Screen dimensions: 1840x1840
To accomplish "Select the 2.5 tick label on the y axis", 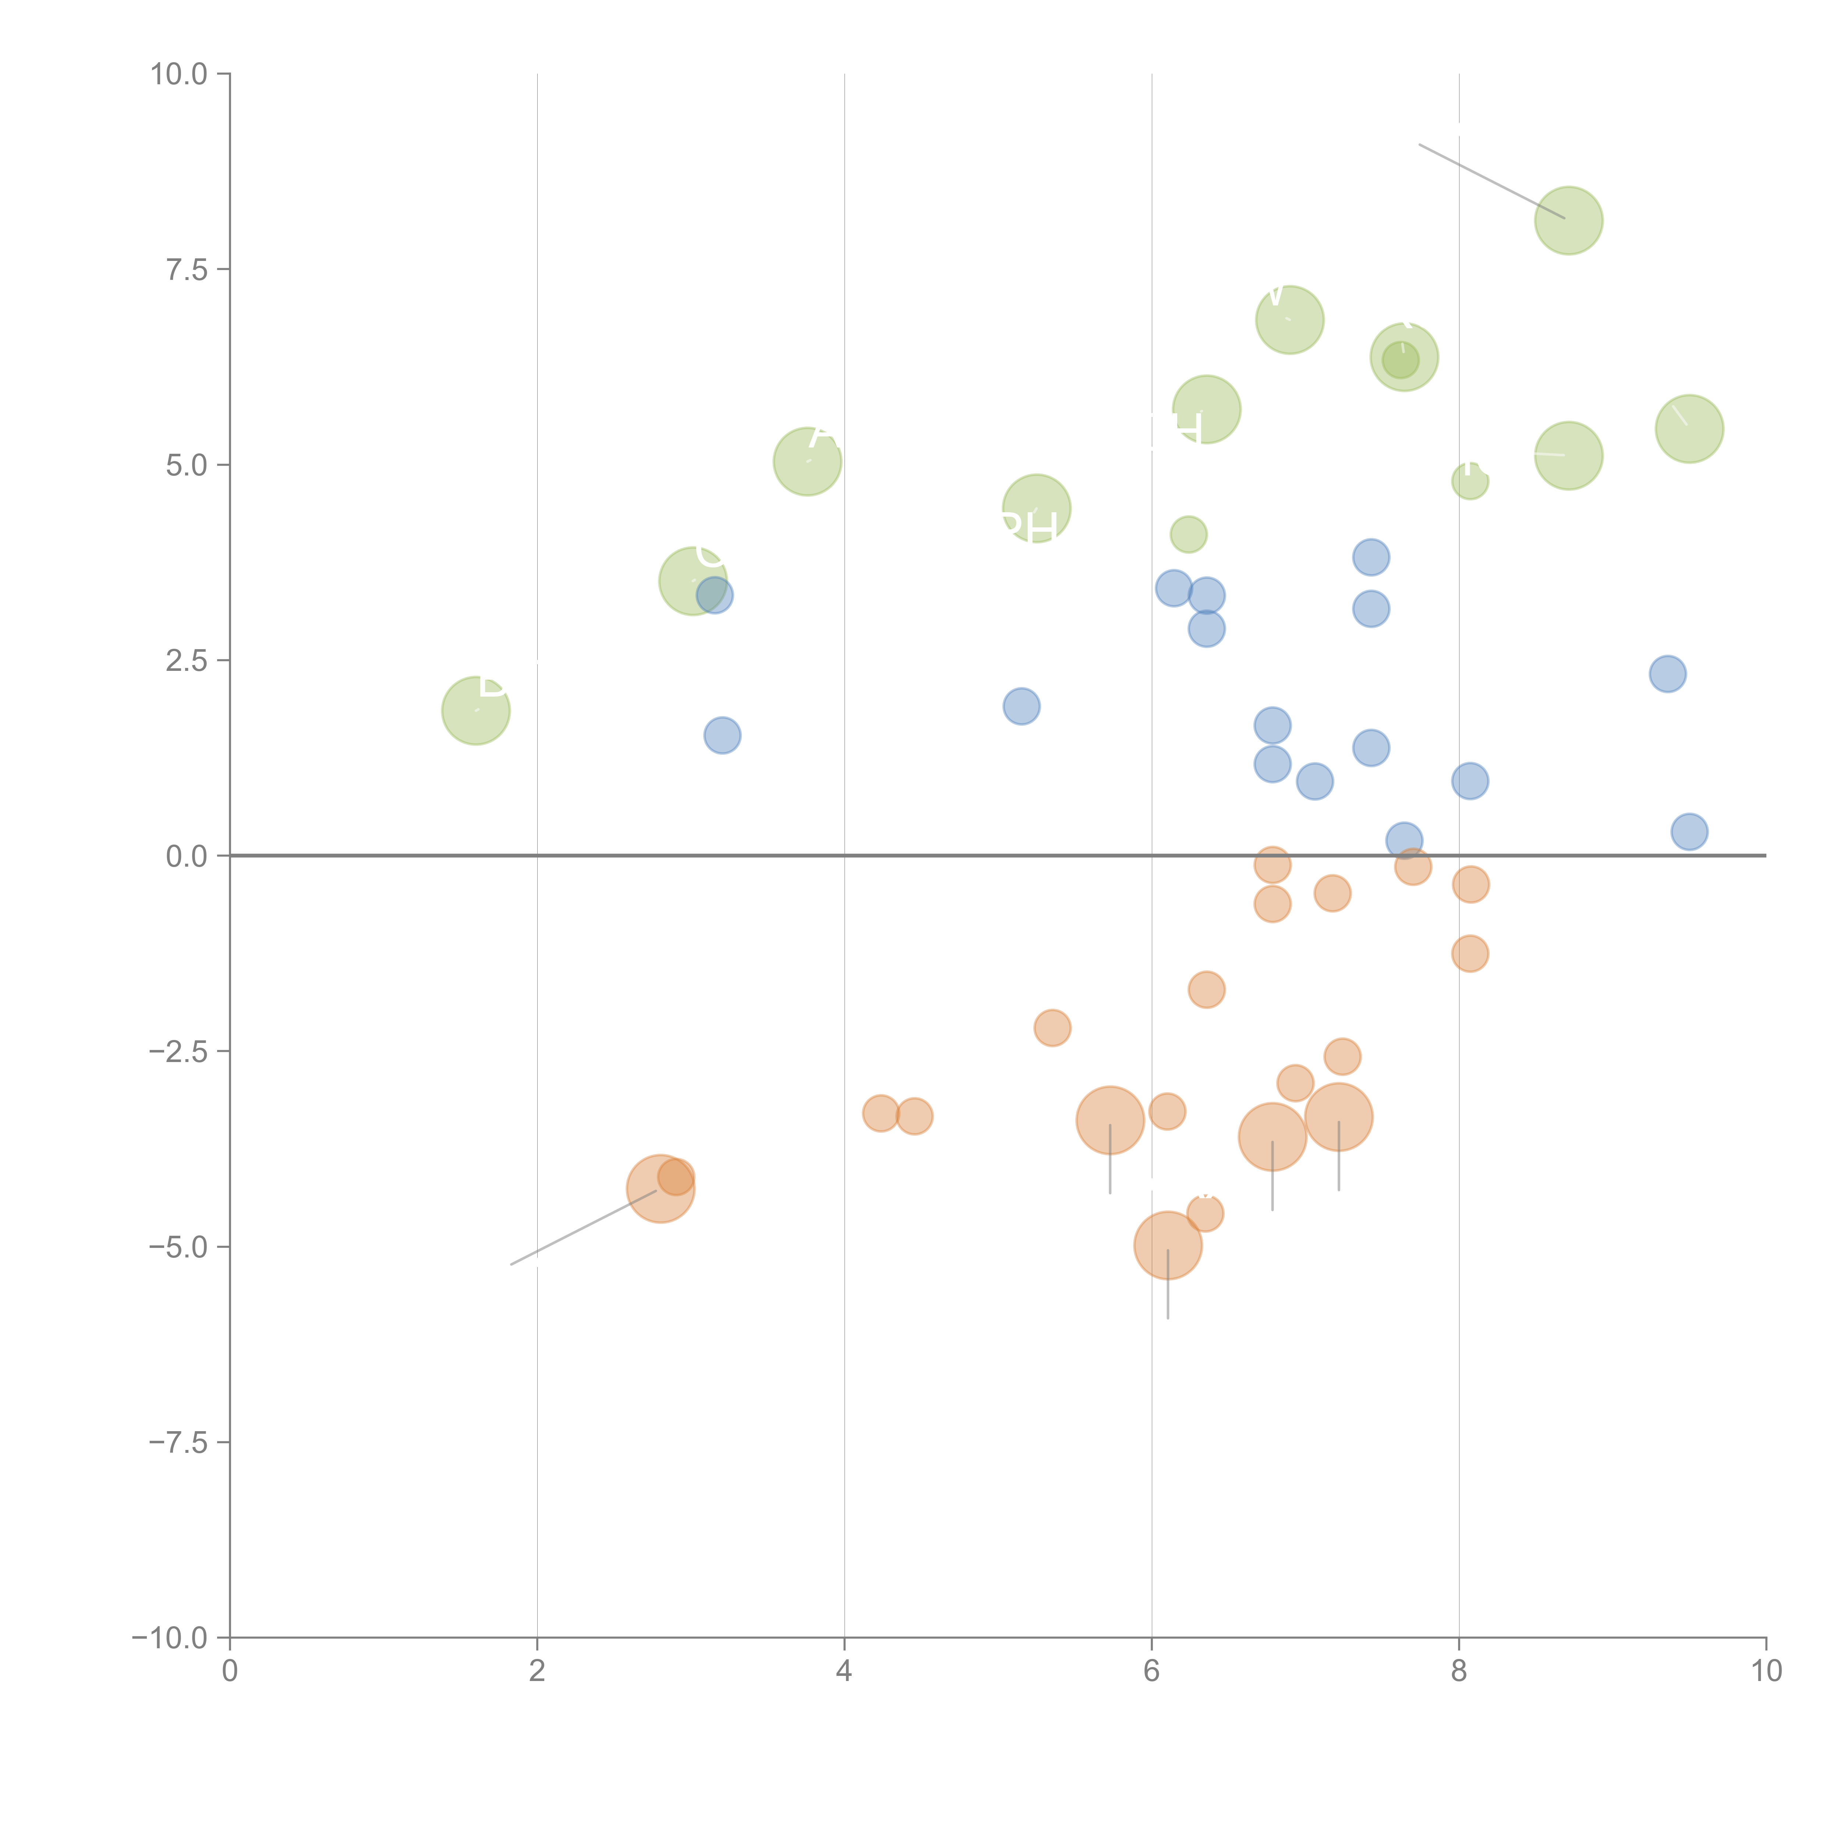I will [x=187, y=660].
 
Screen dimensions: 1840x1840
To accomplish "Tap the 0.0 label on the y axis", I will [x=187, y=856].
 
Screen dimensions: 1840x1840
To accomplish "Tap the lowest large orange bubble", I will [x=1168, y=1245].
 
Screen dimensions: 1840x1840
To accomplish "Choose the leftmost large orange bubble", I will [x=660, y=1188].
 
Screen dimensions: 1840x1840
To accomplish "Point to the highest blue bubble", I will [x=1370, y=557].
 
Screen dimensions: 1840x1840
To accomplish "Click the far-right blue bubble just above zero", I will [x=1689, y=831].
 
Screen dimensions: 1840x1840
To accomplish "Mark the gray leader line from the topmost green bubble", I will [x=1492, y=181].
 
